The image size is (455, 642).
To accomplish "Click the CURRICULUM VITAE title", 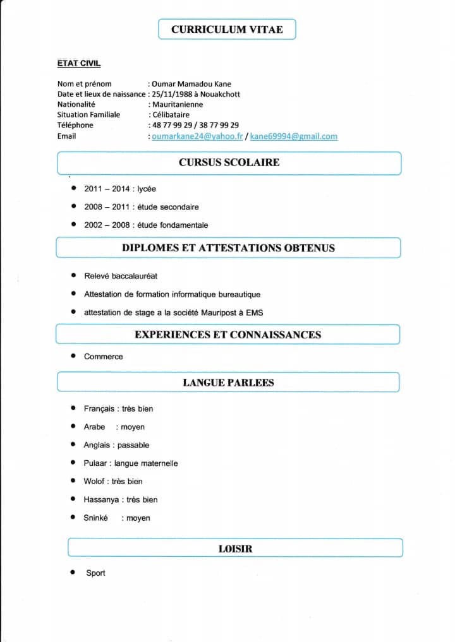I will pos(227,30).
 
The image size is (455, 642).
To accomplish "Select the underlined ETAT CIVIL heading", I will pos(79,63).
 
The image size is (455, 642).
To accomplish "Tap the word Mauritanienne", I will pos(178,105).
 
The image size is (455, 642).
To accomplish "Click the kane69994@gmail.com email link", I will pos(293,136).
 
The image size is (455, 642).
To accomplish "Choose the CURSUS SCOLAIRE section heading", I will pos(229,162).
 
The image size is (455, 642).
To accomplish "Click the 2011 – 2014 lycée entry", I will pos(120,189).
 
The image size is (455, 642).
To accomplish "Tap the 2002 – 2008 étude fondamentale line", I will pos(146,225).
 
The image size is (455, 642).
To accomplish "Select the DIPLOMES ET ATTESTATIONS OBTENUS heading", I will pos(228,248).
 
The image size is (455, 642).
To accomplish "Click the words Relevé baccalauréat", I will pos(121,276).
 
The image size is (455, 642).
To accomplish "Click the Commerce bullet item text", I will pos(104,357).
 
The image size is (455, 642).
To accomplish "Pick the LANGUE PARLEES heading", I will pos(228,383).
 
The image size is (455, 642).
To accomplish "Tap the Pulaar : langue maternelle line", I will pos(131,463).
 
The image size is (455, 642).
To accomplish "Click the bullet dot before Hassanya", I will pos(73,499).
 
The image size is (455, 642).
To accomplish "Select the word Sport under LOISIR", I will pos(96,573).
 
